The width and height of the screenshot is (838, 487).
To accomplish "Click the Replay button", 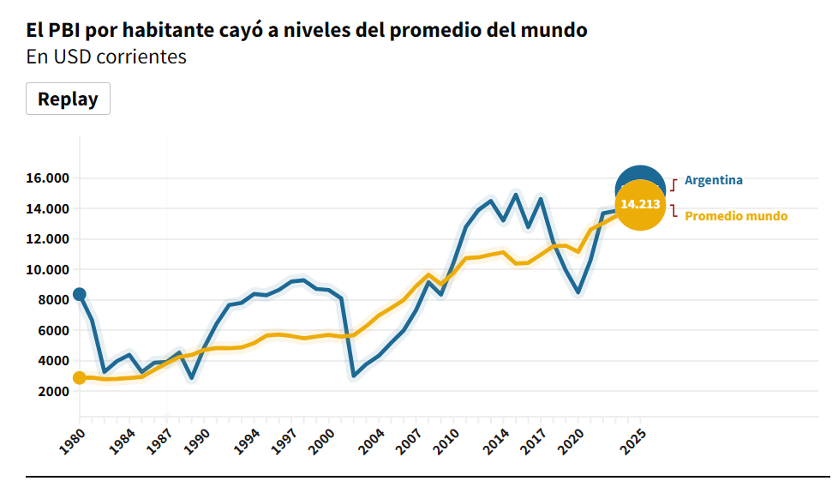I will [x=68, y=99].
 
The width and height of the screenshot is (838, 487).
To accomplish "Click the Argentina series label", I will [x=713, y=180].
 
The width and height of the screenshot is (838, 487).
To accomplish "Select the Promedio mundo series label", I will [x=735, y=216].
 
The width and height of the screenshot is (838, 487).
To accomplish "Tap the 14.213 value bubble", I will [x=640, y=205].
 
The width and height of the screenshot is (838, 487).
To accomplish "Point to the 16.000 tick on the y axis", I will [x=46, y=178].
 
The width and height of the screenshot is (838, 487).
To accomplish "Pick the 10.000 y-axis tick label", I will [x=46, y=269].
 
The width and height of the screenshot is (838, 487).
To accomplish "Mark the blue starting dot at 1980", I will [x=80, y=294].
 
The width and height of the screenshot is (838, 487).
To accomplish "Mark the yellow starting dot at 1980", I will [x=80, y=378].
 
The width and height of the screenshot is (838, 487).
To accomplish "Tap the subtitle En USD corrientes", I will [x=106, y=57].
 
